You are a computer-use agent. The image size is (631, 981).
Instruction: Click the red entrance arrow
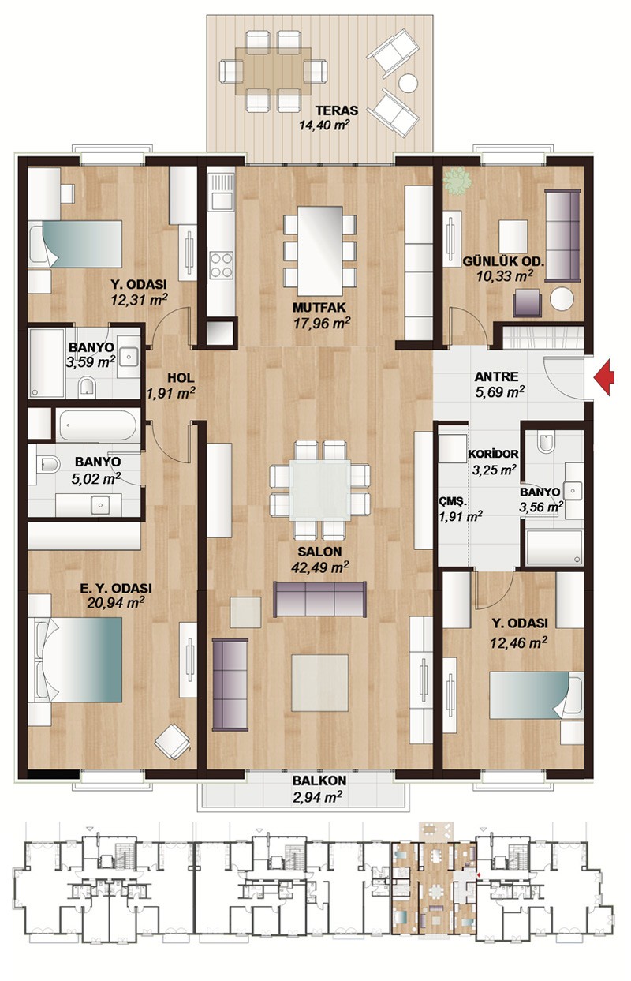pyautogui.click(x=604, y=377)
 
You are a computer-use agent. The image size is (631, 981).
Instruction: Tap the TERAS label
pyautogui.click(x=337, y=110)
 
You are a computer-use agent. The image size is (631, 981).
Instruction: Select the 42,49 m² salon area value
pyautogui.click(x=320, y=567)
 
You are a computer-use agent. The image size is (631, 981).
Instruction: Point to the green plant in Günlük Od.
pyautogui.click(x=457, y=181)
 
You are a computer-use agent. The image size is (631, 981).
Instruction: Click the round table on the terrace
pyautogui.click(x=409, y=83)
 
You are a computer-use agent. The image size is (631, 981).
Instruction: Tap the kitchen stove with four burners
pyautogui.click(x=222, y=265)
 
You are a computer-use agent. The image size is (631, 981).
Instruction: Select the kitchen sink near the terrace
pyautogui.click(x=222, y=192)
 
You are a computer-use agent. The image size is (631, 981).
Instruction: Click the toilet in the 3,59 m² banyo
pyautogui.click(x=88, y=388)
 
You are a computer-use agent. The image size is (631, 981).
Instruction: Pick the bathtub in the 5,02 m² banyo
pyautogui.click(x=98, y=425)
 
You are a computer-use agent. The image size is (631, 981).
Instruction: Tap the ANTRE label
pyautogui.click(x=496, y=376)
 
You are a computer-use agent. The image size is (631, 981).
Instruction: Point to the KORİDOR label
pyautogui.click(x=493, y=454)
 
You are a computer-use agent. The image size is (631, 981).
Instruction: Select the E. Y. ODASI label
pyautogui.click(x=116, y=588)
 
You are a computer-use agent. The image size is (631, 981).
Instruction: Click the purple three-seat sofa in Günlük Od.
pyautogui.click(x=562, y=235)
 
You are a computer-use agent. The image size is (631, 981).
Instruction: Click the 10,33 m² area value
pyautogui.click(x=505, y=276)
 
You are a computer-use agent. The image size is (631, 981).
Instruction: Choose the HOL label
pyautogui.click(x=181, y=378)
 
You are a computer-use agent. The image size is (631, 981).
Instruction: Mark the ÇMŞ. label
pyautogui.click(x=454, y=502)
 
